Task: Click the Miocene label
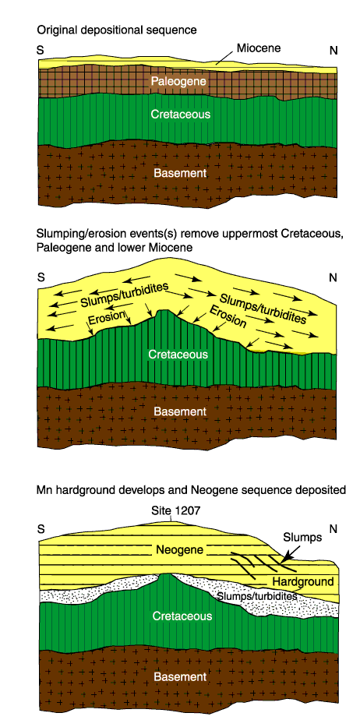click(258, 48)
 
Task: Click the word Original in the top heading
click(54, 30)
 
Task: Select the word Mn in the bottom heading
click(43, 490)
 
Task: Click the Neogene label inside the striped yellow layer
click(178, 549)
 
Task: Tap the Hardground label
click(303, 581)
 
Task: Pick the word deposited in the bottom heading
click(324, 490)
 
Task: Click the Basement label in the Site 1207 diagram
click(180, 677)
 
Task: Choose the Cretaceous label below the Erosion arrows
click(178, 354)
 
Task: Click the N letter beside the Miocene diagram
click(334, 51)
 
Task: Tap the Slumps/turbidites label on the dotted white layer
click(256, 596)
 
